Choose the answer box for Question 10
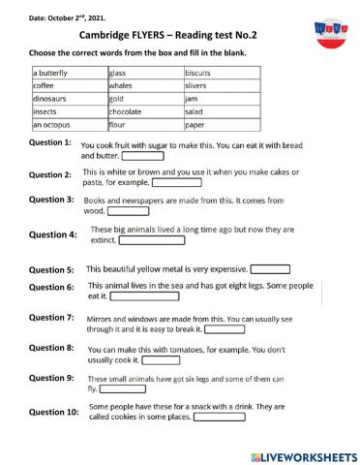[219, 419]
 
